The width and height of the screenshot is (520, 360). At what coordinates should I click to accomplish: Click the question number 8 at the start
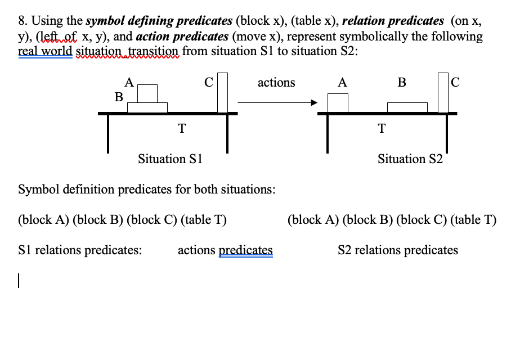coord(21,22)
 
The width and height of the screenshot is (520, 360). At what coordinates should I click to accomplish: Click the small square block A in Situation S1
coord(147,94)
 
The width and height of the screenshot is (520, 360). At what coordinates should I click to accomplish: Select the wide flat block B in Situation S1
coord(147,107)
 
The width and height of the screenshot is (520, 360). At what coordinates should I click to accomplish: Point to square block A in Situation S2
coord(338,103)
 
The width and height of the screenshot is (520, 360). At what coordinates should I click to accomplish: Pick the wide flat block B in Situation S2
coord(407,107)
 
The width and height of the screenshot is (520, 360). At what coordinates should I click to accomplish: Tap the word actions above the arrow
coord(276,83)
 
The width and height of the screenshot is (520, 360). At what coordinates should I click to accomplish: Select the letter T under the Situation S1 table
coord(181,128)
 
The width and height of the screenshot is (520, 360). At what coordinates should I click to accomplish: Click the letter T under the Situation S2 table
coord(382,128)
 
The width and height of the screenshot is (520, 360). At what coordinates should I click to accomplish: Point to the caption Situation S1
coord(170,159)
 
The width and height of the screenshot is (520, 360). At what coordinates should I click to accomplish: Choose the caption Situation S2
coord(410,159)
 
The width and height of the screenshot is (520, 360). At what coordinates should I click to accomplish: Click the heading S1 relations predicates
coord(80,250)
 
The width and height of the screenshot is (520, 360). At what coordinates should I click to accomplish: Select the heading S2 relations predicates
coord(397,250)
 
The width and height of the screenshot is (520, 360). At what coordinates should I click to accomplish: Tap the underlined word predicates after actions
coord(245,250)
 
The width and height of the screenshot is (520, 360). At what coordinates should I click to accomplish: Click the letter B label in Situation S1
coord(119,97)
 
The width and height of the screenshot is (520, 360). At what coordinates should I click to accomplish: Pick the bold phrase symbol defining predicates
coord(159,22)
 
